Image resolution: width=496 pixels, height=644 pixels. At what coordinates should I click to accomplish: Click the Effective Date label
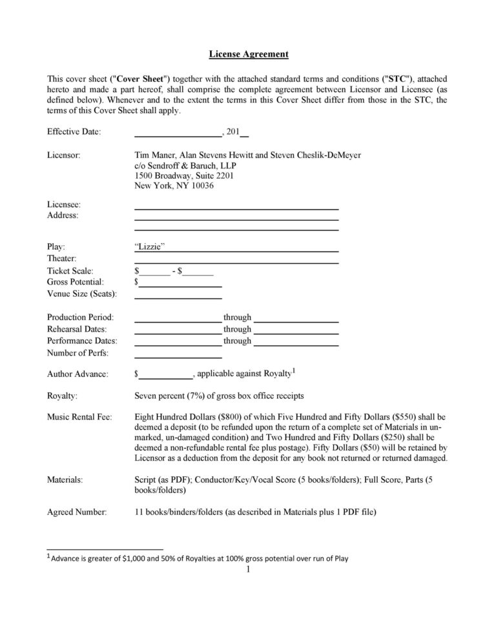[74, 132]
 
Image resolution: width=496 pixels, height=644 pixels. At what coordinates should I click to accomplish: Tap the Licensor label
[63, 156]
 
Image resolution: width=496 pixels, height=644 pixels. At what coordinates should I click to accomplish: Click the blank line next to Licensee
[236, 207]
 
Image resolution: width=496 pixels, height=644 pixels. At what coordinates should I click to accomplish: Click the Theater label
[62, 259]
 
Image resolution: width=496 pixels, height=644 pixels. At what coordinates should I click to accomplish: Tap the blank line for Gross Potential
[180, 284]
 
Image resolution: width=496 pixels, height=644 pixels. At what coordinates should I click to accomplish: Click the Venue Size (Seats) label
[82, 294]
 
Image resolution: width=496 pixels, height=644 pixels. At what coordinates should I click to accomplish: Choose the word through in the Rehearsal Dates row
[237, 329]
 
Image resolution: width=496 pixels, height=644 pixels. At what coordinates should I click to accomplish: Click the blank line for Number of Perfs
[178, 356]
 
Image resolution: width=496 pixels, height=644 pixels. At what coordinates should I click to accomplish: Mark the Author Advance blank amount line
[166, 376]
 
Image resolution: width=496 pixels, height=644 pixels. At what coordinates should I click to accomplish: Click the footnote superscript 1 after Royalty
[294, 370]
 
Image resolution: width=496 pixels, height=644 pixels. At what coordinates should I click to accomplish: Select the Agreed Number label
[77, 512]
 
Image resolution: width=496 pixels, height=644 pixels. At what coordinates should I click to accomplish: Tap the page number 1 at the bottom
[248, 570]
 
